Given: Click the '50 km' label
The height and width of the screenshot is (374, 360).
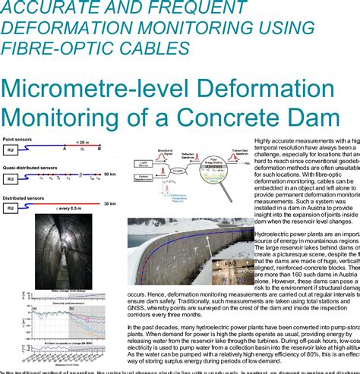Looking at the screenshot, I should click(x=109, y=174).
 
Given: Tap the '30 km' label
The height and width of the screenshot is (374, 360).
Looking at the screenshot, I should click(x=109, y=203).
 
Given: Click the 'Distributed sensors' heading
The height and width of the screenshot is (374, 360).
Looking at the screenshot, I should click(x=23, y=196).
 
